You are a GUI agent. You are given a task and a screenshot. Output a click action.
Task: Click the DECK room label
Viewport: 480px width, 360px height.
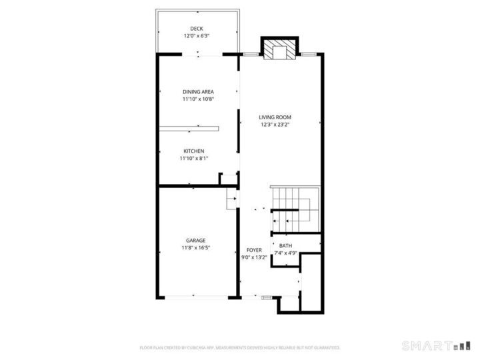click(x=196, y=28)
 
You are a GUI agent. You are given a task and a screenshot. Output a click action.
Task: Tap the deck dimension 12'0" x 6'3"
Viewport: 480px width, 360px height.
click(x=196, y=35)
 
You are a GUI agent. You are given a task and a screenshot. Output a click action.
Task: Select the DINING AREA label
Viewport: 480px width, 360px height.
click(x=198, y=91)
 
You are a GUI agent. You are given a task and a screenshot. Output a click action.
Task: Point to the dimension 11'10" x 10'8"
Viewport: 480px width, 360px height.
click(x=198, y=99)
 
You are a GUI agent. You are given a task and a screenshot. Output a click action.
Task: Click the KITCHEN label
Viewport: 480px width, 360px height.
click(x=194, y=151)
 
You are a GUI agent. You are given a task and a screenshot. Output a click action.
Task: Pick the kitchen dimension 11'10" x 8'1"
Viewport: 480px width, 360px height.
click(x=194, y=158)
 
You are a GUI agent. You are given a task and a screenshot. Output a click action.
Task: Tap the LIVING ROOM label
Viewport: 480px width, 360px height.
click(x=275, y=117)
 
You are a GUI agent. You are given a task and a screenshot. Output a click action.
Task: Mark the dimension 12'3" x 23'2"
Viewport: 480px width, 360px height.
click(x=275, y=124)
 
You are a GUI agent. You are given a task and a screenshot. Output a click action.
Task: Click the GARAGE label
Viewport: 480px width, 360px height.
click(x=195, y=240)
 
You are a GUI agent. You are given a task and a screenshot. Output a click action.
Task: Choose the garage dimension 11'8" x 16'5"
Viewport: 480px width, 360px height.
click(x=195, y=247)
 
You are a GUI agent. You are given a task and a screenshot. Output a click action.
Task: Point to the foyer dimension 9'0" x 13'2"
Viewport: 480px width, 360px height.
click(x=254, y=257)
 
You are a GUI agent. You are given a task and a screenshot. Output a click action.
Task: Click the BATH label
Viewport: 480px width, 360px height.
click(x=285, y=245)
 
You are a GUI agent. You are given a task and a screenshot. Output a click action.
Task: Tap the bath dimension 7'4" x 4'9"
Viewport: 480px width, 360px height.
click(x=285, y=253)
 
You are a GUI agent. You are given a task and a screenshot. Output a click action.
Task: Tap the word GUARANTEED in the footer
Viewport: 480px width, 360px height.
click(x=326, y=347)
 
